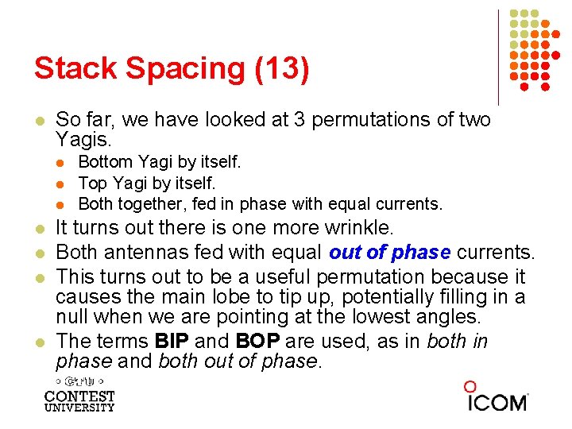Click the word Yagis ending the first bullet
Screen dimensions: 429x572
pyautogui.click(x=83, y=140)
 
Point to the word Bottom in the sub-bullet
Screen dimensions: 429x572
pyautogui.click(x=104, y=163)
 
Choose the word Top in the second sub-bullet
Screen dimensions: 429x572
pyautogui.click(x=92, y=183)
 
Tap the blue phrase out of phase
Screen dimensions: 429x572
pyautogui.click(x=389, y=253)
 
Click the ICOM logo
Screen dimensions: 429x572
pyautogui.click(x=496, y=398)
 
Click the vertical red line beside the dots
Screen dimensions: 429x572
pyautogui.click(x=499, y=56)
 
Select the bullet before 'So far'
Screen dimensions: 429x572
pyautogui.click(x=38, y=121)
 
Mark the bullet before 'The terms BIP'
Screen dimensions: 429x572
pyautogui.click(x=38, y=342)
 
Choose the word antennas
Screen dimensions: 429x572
pyautogui.click(x=133, y=253)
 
